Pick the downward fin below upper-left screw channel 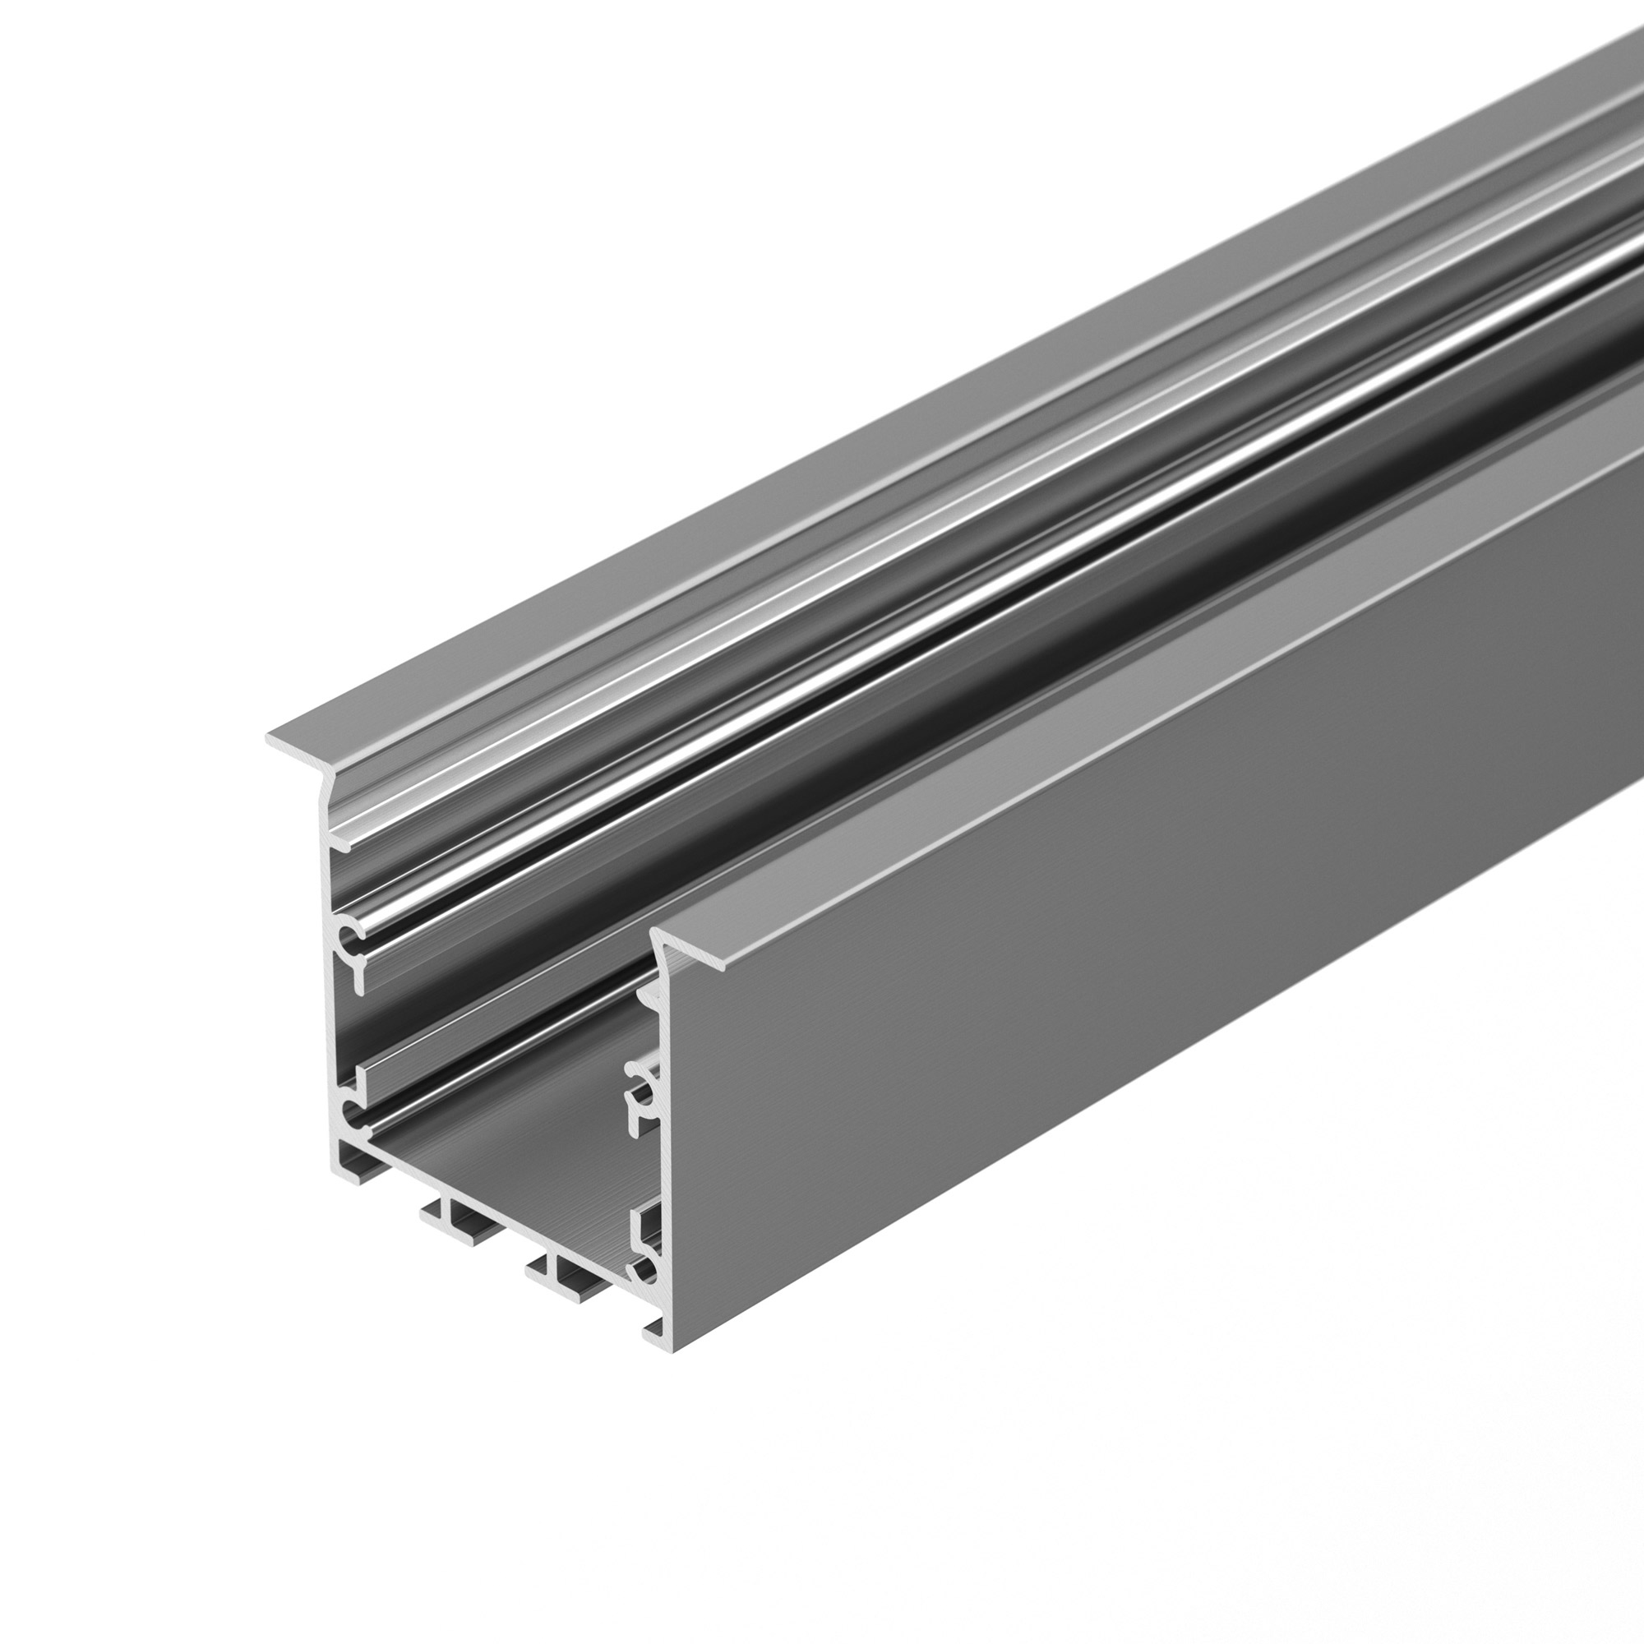357,978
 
